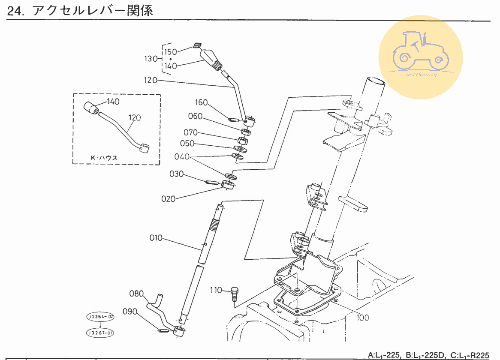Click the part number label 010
(x=156, y=237)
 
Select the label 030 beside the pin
(x=177, y=174)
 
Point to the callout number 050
(x=187, y=144)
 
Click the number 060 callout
(x=195, y=117)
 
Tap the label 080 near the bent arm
(x=136, y=294)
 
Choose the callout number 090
(x=130, y=312)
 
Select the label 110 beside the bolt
(x=216, y=291)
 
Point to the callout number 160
(x=202, y=103)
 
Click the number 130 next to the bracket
(x=151, y=59)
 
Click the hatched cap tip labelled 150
(x=198, y=45)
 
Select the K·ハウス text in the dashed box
(x=104, y=158)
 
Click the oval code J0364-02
(x=101, y=317)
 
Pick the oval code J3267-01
(x=101, y=333)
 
